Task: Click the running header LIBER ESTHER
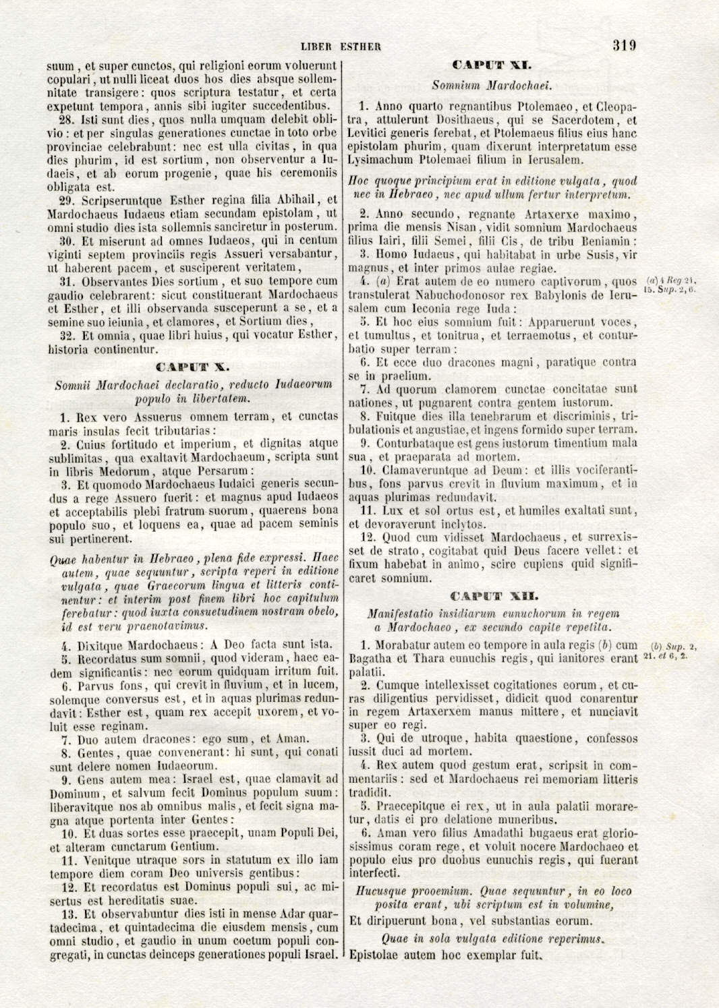(x=341, y=47)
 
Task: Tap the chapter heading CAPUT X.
(x=193, y=367)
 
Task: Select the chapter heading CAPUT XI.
(x=492, y=65)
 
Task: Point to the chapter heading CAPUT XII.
(x=494, y=596)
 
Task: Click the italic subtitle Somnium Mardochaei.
(x=492, y=86)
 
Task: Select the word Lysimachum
(x=382, y=160)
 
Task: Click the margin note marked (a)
(x=671, y=285)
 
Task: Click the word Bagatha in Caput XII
(x=373, y=658)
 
